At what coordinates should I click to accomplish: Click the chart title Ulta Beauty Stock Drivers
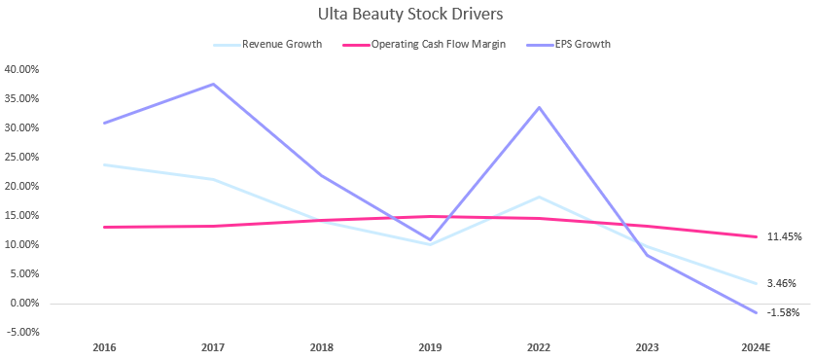coord(407,16)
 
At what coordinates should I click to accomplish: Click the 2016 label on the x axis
coord(103,346)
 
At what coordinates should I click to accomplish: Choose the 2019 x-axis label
coord(430,346)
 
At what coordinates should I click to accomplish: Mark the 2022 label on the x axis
coord(539,346)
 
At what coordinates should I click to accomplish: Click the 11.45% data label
coord(783,236)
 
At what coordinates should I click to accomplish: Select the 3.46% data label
coord(781,283)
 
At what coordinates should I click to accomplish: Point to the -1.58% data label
coord(782,312)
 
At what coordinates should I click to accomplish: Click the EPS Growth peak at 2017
coord(212,84)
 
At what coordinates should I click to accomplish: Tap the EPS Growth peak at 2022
coord(539,107)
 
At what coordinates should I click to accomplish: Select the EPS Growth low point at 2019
coord(430,239)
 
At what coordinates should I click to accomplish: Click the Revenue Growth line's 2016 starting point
coord(103,164)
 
